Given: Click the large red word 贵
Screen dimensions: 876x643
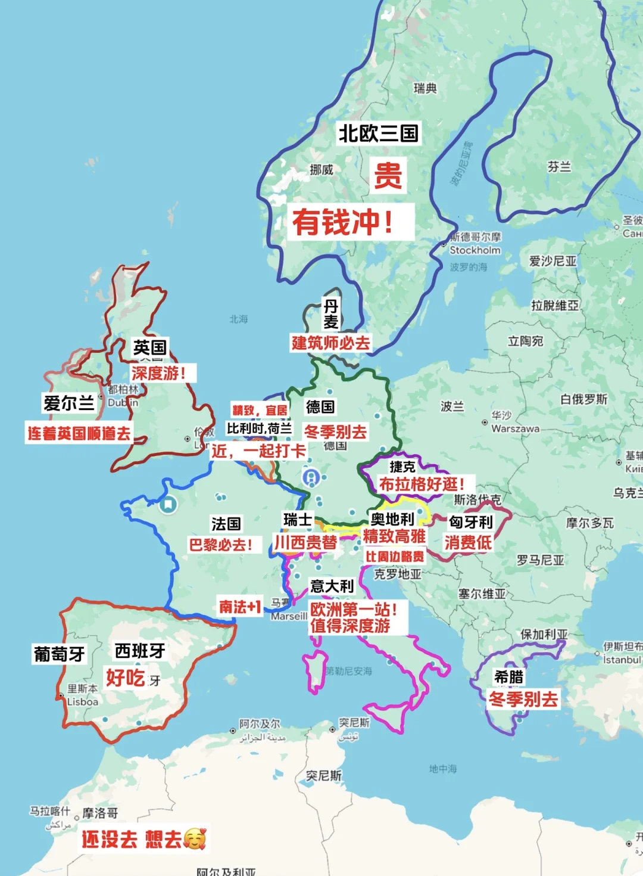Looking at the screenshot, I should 388,175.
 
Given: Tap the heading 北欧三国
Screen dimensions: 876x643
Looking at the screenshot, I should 378,133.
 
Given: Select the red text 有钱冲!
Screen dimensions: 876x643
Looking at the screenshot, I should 342,222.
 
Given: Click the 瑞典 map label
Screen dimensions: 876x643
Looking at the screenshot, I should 425,88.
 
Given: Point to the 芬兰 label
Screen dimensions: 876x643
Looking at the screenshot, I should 558,167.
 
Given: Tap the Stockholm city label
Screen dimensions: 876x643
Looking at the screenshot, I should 475,250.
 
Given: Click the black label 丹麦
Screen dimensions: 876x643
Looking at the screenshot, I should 330,314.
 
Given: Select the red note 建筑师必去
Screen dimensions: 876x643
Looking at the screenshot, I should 330,343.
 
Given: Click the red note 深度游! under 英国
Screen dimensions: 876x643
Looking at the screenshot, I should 158,373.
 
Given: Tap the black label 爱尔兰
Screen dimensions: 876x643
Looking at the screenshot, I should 69,403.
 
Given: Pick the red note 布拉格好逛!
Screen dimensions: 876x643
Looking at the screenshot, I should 422,484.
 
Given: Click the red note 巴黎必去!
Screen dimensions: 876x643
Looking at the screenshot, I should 221,545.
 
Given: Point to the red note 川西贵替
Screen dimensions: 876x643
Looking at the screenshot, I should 305,542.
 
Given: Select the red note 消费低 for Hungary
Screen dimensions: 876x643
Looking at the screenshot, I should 468,542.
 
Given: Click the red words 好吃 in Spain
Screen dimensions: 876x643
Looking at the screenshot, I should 125,678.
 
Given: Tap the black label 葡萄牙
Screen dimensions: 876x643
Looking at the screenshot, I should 59,654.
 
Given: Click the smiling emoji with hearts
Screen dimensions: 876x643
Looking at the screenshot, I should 195,839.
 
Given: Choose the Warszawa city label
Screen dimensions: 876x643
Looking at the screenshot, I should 515,428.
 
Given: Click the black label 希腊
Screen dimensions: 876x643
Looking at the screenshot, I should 508,677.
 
